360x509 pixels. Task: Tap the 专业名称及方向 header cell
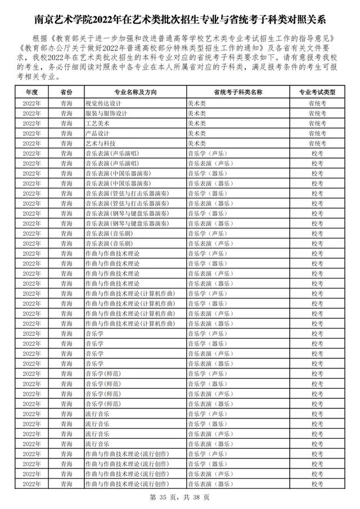[134, 92]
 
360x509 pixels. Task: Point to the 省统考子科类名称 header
[238, 92]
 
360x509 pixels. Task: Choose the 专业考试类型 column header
[317, 92]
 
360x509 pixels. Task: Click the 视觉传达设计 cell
[103, 103]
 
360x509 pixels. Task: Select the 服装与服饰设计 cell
[106, 114]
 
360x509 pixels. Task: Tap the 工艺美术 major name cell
[97, 123]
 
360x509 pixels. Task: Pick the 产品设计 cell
[97, 133]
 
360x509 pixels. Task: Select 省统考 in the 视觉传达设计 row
[317, 103]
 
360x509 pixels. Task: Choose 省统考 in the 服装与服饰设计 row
[317, 114]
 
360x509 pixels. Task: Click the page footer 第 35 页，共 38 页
[180, 497]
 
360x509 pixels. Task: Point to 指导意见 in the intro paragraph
[323, 38]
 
